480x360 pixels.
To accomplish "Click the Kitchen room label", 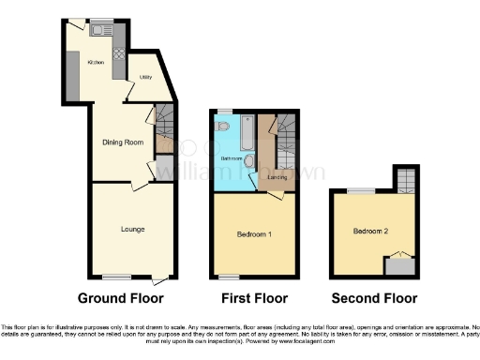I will (95, 62).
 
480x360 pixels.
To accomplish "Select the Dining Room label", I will (122, 142).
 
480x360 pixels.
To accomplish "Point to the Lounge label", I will (131, 228).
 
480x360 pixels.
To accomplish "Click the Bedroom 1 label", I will (254, 233).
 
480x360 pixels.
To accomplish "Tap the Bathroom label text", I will (231, 159).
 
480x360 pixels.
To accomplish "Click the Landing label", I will (277, 176).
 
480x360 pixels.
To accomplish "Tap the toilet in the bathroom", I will (222, 125).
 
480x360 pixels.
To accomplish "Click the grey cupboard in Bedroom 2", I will (401, 266).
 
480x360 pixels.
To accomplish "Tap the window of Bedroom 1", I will (226, 276).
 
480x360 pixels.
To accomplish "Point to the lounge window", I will (116, 276).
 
